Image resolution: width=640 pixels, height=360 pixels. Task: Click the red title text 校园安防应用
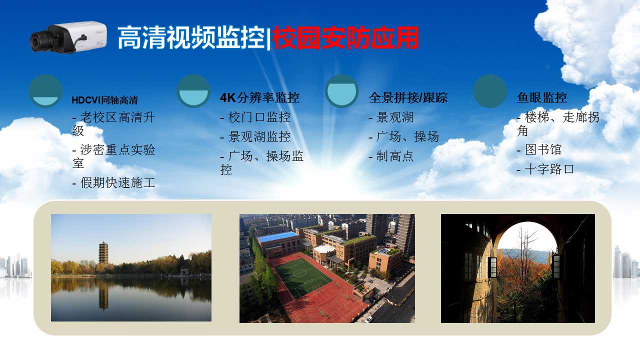345,38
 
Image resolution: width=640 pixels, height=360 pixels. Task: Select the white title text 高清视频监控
191,38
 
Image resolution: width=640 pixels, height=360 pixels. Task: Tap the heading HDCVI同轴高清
104,100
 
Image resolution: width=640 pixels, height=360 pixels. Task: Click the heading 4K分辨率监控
259,97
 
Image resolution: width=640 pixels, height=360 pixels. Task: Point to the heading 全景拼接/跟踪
408,97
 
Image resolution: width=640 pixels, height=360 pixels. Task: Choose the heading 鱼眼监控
542,97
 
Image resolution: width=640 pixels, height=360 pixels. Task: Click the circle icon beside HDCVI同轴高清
45,91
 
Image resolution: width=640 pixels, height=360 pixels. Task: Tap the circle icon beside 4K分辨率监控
193,91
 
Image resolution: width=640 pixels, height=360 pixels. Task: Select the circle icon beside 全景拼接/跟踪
341,91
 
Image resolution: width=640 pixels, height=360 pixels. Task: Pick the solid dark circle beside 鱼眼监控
490,91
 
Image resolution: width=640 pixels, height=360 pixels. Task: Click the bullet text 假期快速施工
117,183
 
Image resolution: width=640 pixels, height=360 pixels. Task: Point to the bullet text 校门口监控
259,117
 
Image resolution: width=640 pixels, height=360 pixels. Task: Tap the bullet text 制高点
395,156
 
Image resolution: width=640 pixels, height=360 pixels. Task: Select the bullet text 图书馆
543,149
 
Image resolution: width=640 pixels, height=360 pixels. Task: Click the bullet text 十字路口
549,169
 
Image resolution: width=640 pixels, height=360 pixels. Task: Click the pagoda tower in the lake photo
103,253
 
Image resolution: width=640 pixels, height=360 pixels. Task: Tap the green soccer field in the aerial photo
302,277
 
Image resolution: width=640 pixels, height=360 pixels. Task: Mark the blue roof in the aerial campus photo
277,237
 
